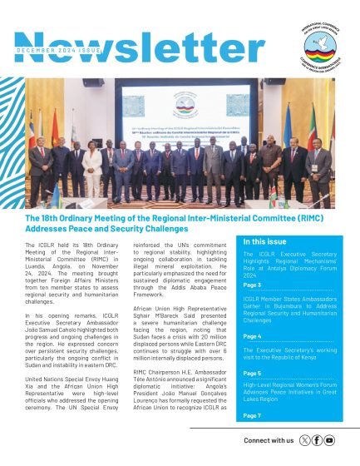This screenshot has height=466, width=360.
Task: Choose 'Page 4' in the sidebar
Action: click(x=252, y=336)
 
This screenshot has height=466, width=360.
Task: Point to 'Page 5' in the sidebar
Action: click(x=252, y=374)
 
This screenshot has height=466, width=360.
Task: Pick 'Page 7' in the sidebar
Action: click(x=252, y=414)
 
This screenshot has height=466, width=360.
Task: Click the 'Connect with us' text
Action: click(x=269, y=439)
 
